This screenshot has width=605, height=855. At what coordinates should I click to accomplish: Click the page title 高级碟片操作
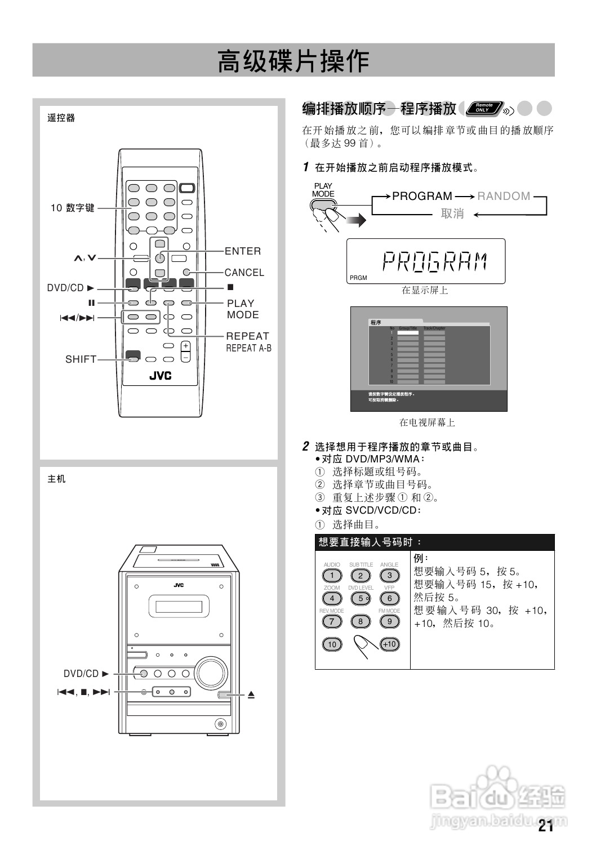pyautogui.click(x=293, y=61)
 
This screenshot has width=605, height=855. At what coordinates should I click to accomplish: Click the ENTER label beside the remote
pyautogui.click(x=243, y=251)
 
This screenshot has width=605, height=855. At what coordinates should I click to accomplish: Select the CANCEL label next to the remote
pyautogui.click(x=244, y=273)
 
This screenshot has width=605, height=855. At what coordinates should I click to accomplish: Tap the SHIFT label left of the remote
pyautogui.click(x=81, y=359)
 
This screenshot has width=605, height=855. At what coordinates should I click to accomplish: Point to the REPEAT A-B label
pyautogui.click(x=248, y=349)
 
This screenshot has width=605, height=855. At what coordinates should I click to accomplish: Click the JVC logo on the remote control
pyautogui.click(x=160, y=376)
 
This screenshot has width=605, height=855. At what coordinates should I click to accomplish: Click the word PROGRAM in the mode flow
pyautogui.click(x=422, y=196)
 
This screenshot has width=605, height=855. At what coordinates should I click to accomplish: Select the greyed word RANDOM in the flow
pyautogui.click(x=504, y=196)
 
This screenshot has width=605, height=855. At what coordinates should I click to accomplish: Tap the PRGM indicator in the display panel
pyautogui.click(x=358, y=278)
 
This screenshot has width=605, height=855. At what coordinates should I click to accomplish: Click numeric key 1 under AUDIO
pyautogui.click(x=332, y=576)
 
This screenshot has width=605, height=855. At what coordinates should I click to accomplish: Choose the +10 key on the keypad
pyautogui.click(x=389, y=644)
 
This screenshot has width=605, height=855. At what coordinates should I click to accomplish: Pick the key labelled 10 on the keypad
pyautogui.click(x=332, y=644)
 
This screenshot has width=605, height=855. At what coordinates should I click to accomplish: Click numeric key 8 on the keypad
pyautogui.click(x=361, y=622)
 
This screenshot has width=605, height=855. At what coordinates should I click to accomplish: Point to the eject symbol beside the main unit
pyautogui.click(x=251, y=695)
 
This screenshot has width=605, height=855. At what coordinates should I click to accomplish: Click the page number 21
pyautogui.click(x=545, y=826)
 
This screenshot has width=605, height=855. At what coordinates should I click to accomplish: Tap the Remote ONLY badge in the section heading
pyautogui.click(x=484, y=108)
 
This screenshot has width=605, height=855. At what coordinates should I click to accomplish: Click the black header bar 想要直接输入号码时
pyautogui.click(x=434, y=542)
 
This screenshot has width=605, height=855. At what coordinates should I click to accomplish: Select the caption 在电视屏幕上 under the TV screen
pyautogui.click(x=427, y=422)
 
